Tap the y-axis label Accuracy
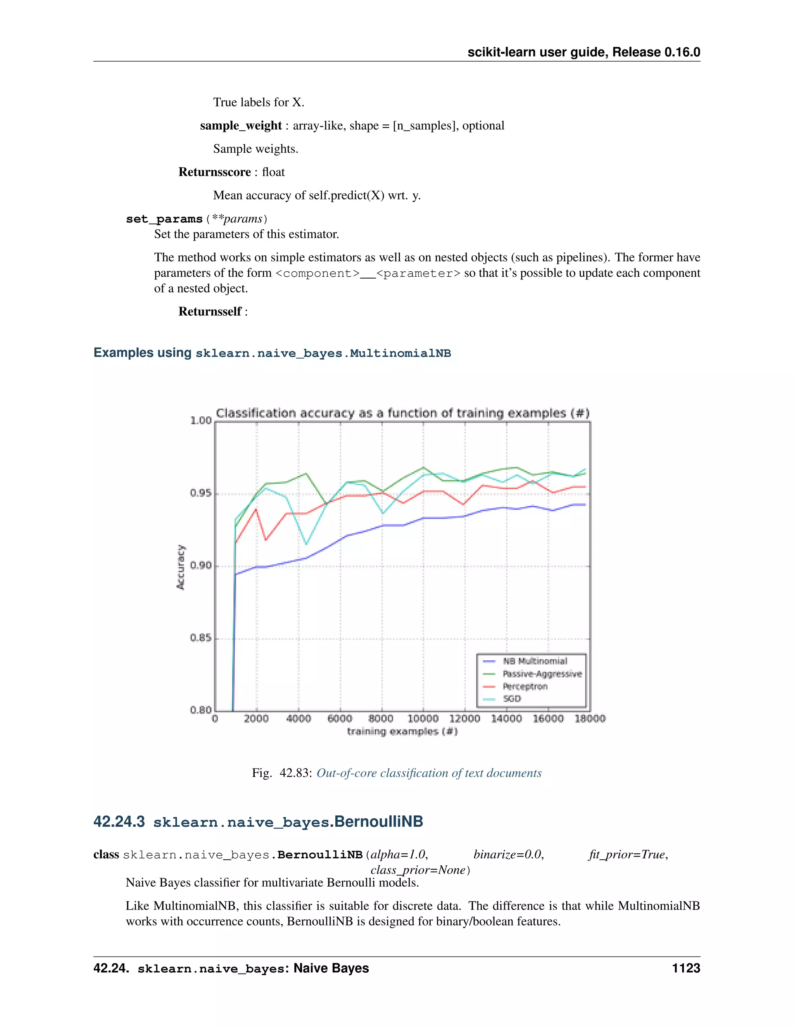pyautogui.click(x=181, y=567)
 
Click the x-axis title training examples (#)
pyautogui.click(x=402, y=731)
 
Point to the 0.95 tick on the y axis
pyautogui.click(x=201, y=493)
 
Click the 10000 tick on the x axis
pyautogui.click(x=423, y=719)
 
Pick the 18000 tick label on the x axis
pyautogui.click(x=590, y=719)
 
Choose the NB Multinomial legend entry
pyautogui.click(x=535, y=661)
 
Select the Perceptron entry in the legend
pyautogui.click(x=525, y=687)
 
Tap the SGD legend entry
pyautogui.click(x=512, y=699)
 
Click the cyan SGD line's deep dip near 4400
pyautogui.click(x=306, y=544)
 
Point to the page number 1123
pyautogui.click(x=686, y=968)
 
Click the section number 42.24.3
pyautogui.click(x=119, y=822)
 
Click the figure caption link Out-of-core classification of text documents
pyautogui.click(x=429, y=773)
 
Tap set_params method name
pyautogui.click(x=164, y=219)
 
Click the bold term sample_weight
pyautogui.click(x=240, y=126)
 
